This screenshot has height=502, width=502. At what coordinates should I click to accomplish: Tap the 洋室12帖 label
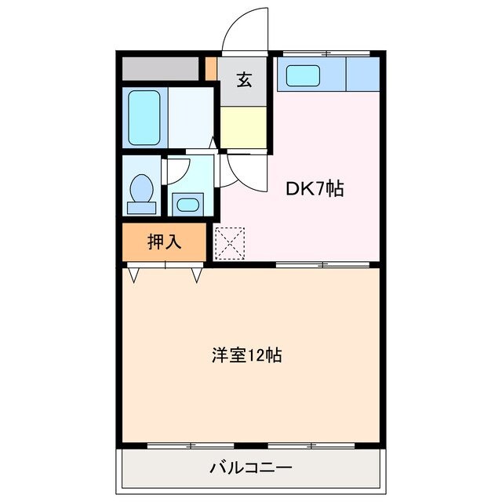coord(246,355)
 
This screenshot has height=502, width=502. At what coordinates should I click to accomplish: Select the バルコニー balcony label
coord(250,469)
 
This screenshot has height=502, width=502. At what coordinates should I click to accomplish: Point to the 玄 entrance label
coord(245,79)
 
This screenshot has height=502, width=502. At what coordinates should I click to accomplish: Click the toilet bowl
coord(142,190)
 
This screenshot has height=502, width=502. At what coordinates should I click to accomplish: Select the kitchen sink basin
coord(303,75)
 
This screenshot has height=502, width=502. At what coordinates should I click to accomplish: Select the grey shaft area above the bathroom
coord(160,68)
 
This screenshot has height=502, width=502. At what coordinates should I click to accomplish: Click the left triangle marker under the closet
coord(134,275)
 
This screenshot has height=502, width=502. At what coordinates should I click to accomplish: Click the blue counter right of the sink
coord(362,75)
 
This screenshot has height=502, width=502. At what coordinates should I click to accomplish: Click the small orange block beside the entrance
coord(211,67)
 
